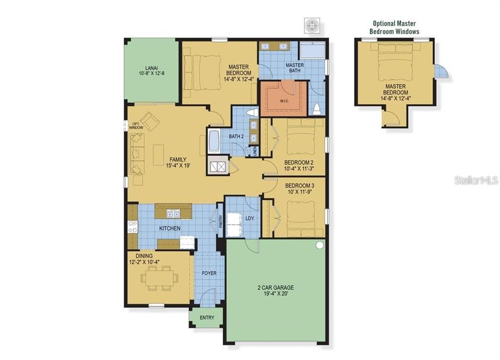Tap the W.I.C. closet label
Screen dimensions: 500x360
(x=285, y=101)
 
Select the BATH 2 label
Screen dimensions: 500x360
(x=236, y=136)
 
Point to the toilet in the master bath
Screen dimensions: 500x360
(x=317, y=109)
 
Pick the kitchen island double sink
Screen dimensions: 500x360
(x=173, y=214)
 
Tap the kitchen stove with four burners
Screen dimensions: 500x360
(x=132, y=227)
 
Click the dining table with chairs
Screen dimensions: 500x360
(x=159, y=278)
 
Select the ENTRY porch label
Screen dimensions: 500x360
(x=207, y=318)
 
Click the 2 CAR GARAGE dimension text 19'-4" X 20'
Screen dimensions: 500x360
(x=275, y=294)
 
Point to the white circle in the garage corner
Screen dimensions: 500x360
(x=319, y=245)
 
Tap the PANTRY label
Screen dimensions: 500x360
(x=221, y=221)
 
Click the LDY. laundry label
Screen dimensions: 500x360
(x=250, y=218)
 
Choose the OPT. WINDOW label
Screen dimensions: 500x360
(x=136, y=126)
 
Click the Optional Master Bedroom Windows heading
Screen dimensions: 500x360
(x=395, y=27)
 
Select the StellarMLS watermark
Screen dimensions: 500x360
(x=477, y=180)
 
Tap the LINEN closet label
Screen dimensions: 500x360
(x=255, y=151)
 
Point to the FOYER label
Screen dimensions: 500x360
(x=209, y=273)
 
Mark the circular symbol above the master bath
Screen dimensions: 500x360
(x=312, y=25)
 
